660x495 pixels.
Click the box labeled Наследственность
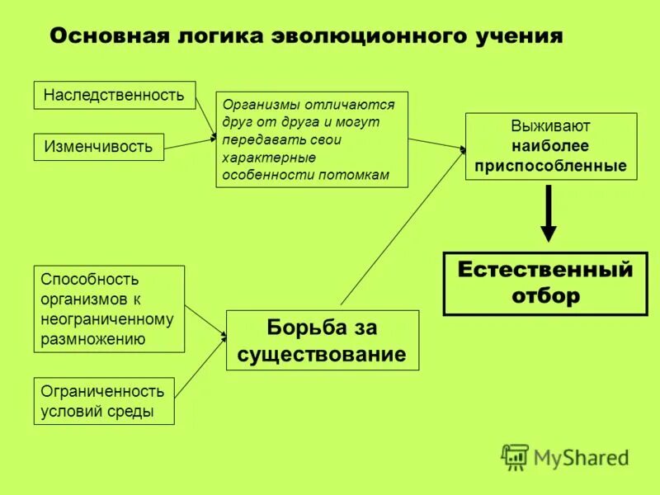click(x=114, y=95)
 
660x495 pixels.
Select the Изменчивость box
click(x=98, y=147)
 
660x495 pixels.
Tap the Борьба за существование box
click(x=323, y=341)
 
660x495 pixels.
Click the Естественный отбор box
click(x=545, y=283)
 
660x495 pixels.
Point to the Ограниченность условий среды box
click(x=104, y=401)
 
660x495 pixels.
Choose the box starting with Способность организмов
click(x=109, y=309)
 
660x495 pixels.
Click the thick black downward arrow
click(x=549, y=212)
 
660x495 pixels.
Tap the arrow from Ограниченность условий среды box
click(x=200, y=366)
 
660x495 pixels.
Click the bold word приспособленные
click(x=551, y=165)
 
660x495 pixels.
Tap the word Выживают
click(x=551, y=127)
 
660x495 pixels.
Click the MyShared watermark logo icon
click(x=515, y=456)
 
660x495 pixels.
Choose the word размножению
click(x=93, y=338)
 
